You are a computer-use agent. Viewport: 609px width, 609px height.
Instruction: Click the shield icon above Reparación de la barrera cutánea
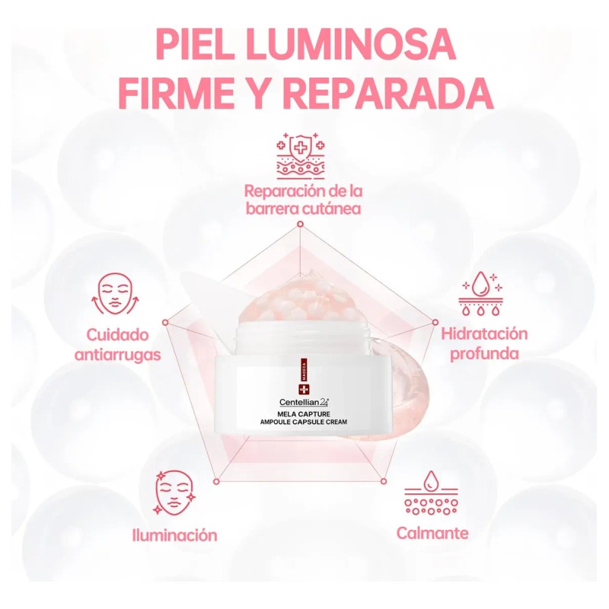300,156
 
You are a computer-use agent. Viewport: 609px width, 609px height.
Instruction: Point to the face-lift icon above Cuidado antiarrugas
116,294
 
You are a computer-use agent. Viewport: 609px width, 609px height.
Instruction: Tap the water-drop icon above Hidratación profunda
481,293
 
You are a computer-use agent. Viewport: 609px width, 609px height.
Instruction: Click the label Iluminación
174,535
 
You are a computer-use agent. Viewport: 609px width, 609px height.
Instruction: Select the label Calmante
432,534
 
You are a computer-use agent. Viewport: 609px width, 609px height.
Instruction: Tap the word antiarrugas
118,355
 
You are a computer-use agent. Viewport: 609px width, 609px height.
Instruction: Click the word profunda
484,354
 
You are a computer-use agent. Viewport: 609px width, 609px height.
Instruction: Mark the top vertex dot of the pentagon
300,224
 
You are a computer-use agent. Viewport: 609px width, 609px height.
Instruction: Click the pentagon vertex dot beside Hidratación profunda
435,322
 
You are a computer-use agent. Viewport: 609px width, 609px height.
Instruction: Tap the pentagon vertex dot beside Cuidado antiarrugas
165,323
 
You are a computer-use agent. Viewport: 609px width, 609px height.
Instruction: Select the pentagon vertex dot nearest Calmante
384,482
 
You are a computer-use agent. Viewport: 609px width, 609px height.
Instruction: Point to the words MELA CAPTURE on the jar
304,414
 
